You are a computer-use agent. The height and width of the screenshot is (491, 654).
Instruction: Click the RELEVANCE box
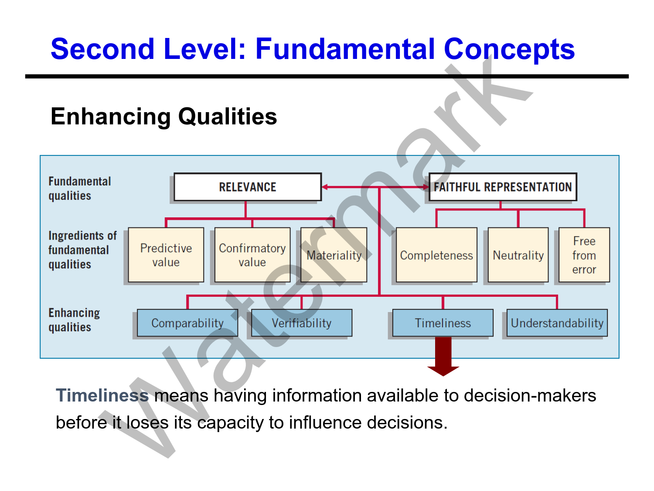pyautogui.click(x=247, y=187)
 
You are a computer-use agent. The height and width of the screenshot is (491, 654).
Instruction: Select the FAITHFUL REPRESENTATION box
pyautogui.click(x=502, y=187)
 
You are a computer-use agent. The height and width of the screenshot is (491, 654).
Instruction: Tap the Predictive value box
pyautogui.click(x=166, y=255)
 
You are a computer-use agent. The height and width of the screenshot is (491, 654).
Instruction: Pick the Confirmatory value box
pyautogui.click(x=252, y=255)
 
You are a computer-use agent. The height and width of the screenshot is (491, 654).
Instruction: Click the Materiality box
pyautogui.click(x=334, y=255)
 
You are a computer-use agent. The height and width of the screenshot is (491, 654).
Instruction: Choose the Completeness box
pyautogui.click(x=436, y=255)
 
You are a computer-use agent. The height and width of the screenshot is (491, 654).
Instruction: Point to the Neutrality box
pyautogui.click(x=518, y=255)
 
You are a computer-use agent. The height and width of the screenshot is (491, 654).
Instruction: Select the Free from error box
pyautogui.click(x=584, y=255)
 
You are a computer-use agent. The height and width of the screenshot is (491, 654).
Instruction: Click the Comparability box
pyautogui.click(x=187, y=323)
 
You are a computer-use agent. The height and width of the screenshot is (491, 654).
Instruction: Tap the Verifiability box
pyautogui.click(x=301, y=323)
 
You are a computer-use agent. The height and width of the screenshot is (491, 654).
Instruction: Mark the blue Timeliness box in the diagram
pyautogui.click(x=443, y=323)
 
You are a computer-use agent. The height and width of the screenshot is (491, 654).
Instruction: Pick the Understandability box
pyautogui.click(x=557, y=323)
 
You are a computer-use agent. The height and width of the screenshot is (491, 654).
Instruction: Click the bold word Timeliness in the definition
pyautogui.click(x=102, y=395)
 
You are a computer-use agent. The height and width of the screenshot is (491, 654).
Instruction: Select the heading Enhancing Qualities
pyautogui.click(x=163, y=117)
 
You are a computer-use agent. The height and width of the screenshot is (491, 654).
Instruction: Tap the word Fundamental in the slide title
pyautogui.click(x=345, y=48)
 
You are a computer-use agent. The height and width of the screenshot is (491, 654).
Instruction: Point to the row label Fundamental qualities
pyautogui.click(x=79, y=189)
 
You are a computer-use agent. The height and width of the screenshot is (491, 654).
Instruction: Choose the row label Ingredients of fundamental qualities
pyautogui.click(x=82, y=250)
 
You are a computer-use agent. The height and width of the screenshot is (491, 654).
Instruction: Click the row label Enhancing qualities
pyautogui.click(x=74, y=320)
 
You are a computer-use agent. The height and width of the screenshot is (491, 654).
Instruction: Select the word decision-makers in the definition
pyautogui.click(x=530, y=395)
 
